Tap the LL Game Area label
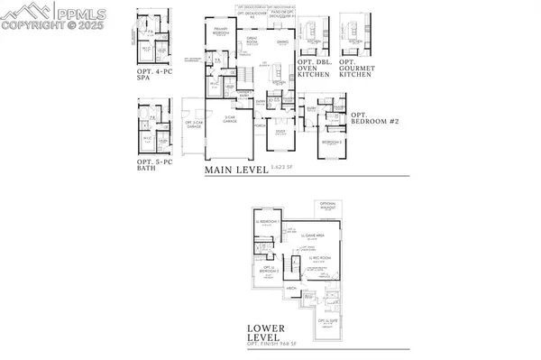311,238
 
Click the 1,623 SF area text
290,170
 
